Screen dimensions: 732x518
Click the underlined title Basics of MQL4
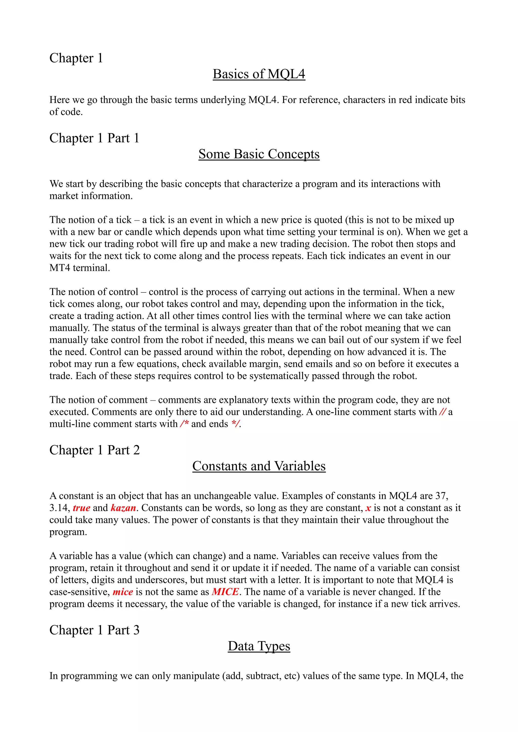tap(259, 74)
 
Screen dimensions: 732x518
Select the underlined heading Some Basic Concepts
tap(259, 154)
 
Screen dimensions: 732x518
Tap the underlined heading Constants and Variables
tap(259, 466)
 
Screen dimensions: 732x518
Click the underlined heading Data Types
tap(259, 646)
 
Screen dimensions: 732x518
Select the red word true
tap(81, 508)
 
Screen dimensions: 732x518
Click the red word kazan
tap(123, 508)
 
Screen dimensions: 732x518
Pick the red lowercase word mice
tap(123, 592)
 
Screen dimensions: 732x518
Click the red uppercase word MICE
tap(225, 592)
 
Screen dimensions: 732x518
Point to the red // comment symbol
tap(442, 412)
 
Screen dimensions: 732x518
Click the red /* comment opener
tap(184, 424)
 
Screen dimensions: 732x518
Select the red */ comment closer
tap(235, 424)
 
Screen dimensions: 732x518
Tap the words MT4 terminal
tap(79, 268)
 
